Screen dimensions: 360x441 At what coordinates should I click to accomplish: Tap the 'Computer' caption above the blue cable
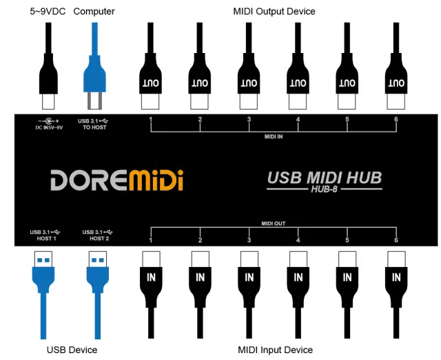click(94, 11)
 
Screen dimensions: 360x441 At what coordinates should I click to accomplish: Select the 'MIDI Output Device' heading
click(274, 11)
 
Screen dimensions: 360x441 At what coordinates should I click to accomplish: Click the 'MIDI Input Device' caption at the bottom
click(275, 350)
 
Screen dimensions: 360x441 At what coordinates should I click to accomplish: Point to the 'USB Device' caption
click(72, 350)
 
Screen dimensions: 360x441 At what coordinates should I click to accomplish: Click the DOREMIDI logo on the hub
click(116, 181)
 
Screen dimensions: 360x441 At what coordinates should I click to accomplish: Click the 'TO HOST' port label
click(94, 128)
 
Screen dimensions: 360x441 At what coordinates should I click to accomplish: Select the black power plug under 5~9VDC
click(47, 79)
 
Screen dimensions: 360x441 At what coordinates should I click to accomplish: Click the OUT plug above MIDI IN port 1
click(150, 83)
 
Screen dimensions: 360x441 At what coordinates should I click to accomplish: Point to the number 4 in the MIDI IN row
click(298, 120)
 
